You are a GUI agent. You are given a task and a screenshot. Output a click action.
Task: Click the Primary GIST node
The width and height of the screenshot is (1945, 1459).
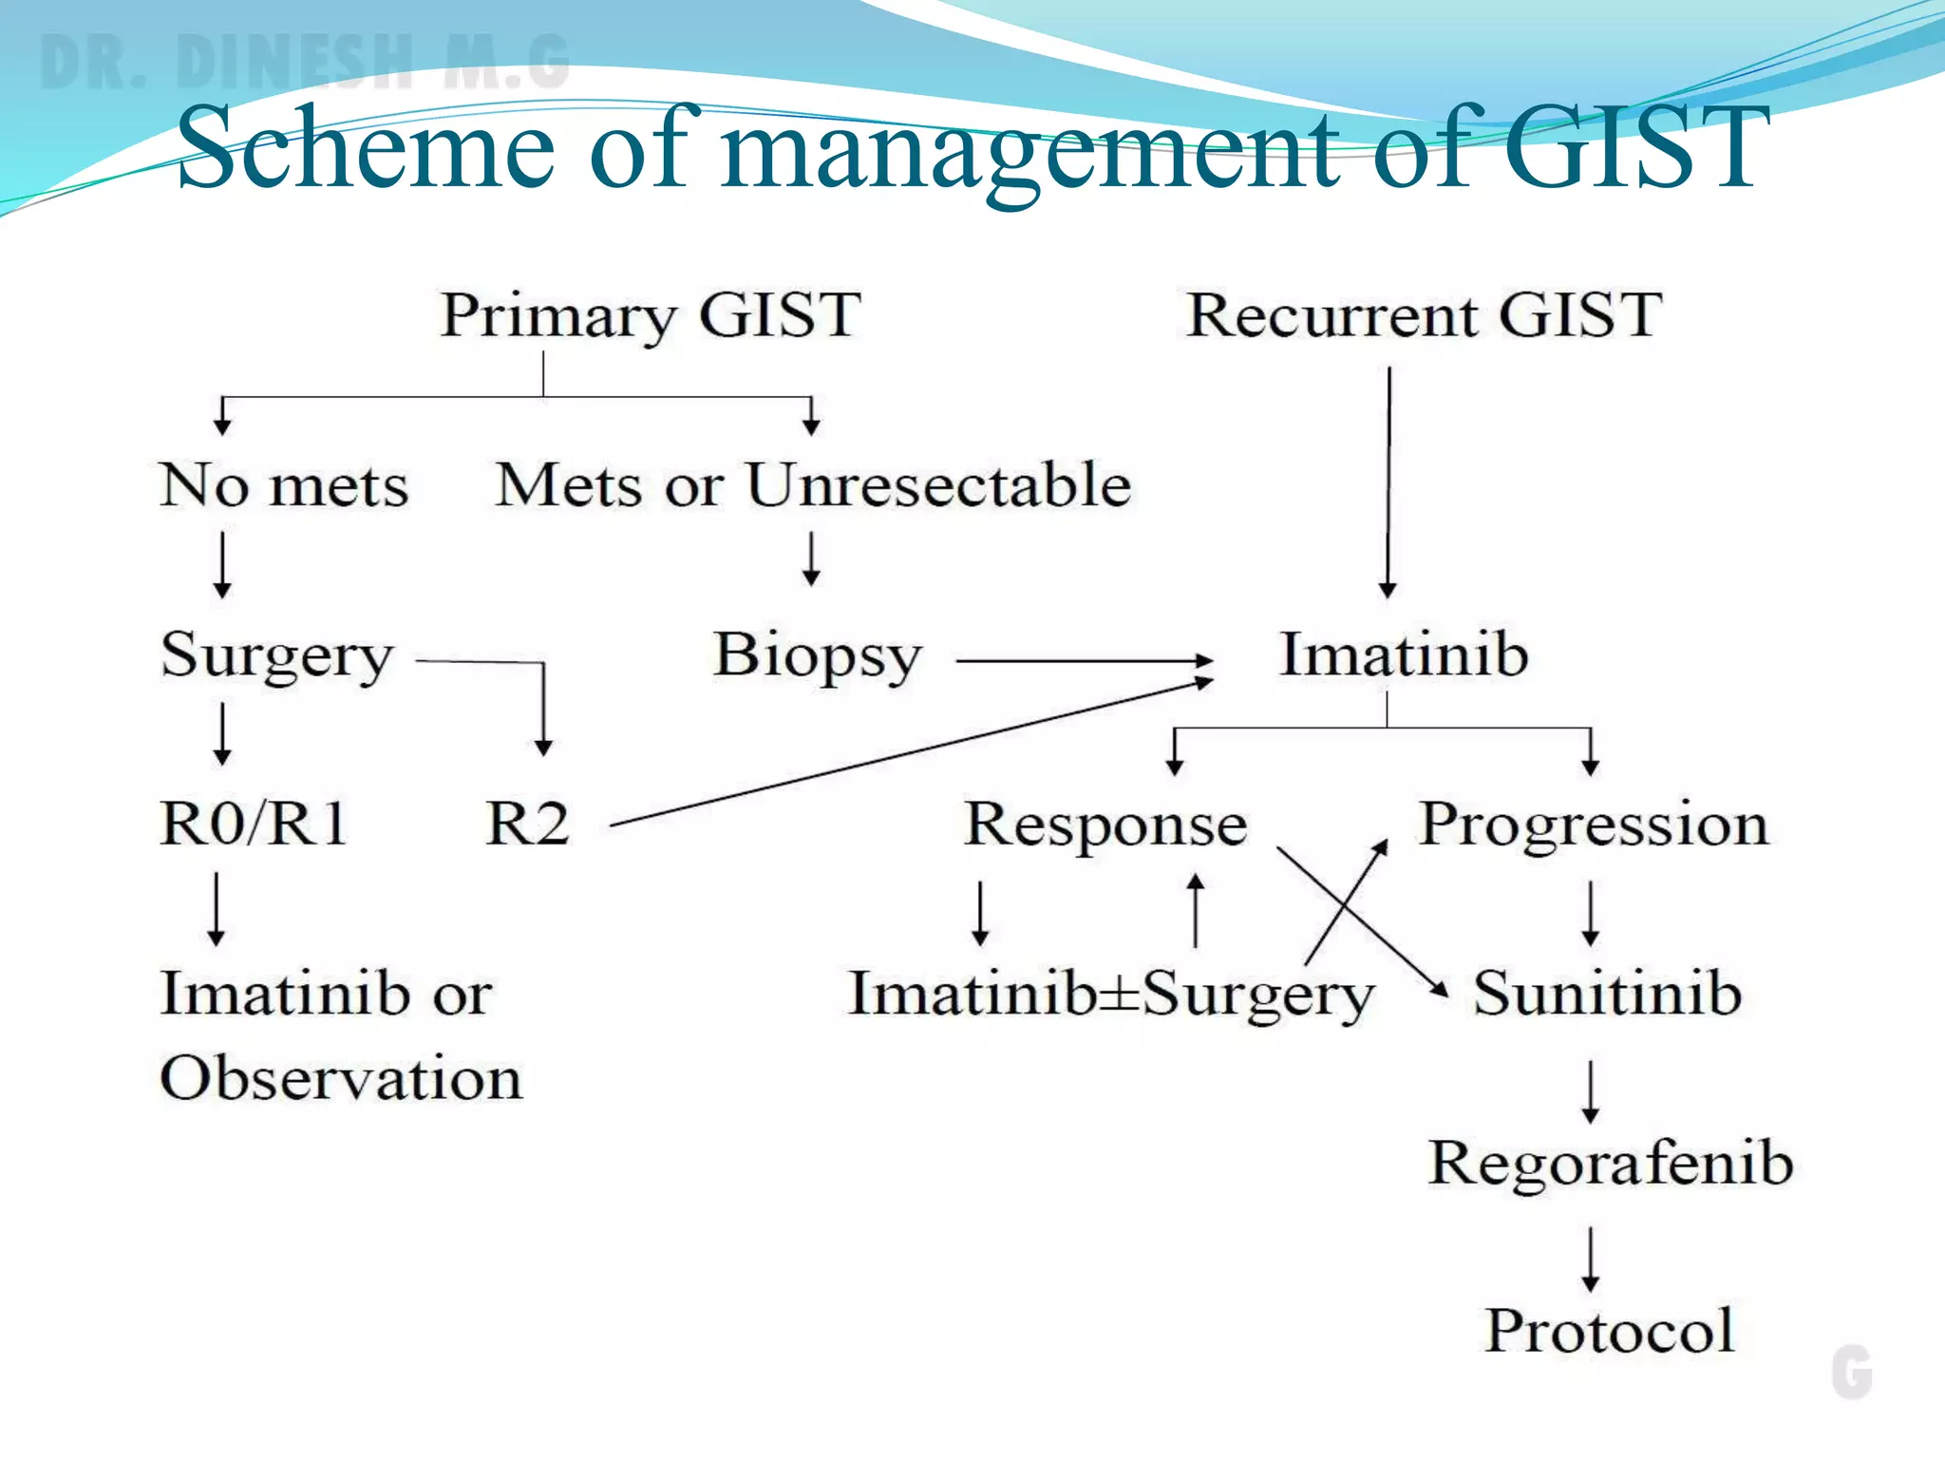(x=651, y=315)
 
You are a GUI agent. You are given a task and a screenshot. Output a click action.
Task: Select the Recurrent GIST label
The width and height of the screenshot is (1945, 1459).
(x=1425, y=315)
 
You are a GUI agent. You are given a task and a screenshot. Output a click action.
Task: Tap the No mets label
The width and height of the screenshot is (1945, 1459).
(x=284, y=485)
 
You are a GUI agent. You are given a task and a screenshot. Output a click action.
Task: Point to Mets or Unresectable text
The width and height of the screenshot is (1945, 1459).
(x=814, y=485)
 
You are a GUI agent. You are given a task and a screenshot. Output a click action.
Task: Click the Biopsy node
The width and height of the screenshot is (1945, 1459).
(x=818, y=655)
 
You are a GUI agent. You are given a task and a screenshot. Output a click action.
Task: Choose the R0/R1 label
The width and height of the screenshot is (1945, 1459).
(x=254, y=823)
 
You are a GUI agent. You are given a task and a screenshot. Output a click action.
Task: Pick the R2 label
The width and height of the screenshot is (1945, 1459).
(x=528, y=824)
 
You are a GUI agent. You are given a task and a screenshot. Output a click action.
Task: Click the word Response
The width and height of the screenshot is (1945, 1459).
(x=1105, y=824)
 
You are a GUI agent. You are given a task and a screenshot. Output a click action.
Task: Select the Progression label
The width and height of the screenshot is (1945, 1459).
(x=1594, y=824)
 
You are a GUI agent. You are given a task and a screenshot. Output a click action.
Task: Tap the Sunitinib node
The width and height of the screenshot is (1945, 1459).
(x=1607, y=994)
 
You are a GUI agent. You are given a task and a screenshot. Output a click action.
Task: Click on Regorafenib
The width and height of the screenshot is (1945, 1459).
(x=1611, y=1163)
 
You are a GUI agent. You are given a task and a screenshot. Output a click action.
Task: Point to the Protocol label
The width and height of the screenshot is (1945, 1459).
(x=1611, y=1331)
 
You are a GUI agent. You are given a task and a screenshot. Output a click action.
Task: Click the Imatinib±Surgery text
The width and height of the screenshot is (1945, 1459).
(x=1111, y=995)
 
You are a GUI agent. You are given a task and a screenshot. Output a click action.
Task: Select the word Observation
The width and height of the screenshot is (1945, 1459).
(x=341, y=1079)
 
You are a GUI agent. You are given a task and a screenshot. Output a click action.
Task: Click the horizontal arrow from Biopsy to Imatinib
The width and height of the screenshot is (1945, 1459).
(x=1083, y=660)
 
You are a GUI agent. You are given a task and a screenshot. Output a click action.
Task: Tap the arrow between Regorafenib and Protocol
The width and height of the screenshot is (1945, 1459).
(x=1591, y=1259)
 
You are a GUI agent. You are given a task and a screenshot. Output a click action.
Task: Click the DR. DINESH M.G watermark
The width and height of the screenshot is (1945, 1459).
(x=304, y=62)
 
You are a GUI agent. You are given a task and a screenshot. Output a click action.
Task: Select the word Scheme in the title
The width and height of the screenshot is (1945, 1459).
(x=366, y=148)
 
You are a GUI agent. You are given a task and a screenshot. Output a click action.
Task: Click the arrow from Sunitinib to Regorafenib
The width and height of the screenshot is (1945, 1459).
(x=1591, y=1091)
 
